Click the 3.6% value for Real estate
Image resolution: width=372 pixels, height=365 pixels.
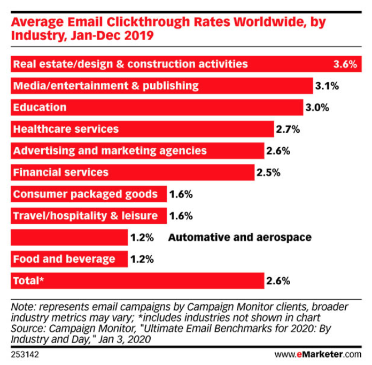coord(345,64)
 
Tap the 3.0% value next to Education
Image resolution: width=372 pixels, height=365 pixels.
coord(317,108)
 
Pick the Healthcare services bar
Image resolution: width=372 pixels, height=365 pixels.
coord(142,129)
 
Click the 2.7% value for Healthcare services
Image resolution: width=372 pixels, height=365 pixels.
coord(288,130)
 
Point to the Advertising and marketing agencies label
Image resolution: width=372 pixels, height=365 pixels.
coord(110,151)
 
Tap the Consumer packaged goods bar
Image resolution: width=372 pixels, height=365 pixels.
coord(89,194)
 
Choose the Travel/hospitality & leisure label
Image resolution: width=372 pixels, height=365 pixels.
coord(86,216)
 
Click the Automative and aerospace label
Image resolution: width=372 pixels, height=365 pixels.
coord(239,238)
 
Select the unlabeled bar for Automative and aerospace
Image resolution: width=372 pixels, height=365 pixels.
coord(69,238)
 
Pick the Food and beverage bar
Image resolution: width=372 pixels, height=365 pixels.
coord(69,260)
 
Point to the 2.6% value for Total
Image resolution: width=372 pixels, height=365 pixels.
coord(278,281)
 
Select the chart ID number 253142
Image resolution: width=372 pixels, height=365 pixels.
coord(25,354)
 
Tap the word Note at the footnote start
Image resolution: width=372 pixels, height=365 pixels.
coord(21,308)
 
